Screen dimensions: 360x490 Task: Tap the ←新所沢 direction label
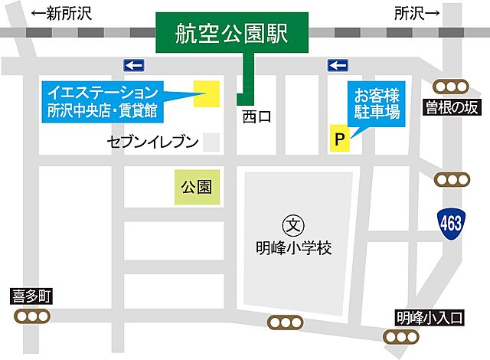pos(58,13)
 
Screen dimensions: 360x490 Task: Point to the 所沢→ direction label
pos(418,13)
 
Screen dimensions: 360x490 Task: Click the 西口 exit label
pos(257,117)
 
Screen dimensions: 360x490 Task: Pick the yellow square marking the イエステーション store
pos(207,93)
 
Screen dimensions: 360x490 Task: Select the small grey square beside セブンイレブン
pos(212,142)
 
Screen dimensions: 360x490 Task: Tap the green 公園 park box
pos(197,186)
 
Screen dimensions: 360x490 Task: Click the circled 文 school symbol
pos(294,225)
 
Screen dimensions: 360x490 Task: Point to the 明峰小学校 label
pos(294,248)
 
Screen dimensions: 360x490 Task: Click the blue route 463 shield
pos(452,224)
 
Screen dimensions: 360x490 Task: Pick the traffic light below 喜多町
pos(31,317)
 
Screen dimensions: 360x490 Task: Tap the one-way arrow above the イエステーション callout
pos(135,65)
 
